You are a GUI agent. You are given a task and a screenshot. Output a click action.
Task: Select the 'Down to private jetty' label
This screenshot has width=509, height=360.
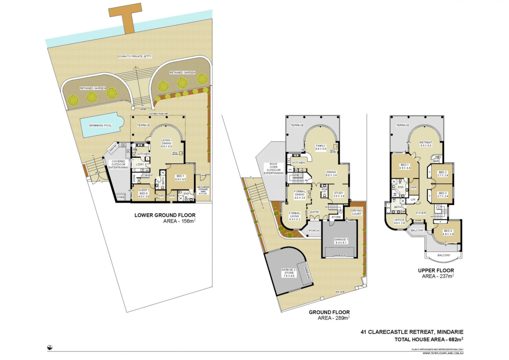coord(135,57)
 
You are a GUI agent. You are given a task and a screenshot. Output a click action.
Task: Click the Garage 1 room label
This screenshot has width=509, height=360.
coord(341,241)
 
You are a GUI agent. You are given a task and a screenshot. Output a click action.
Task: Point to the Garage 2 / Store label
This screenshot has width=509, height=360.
coord(289,273)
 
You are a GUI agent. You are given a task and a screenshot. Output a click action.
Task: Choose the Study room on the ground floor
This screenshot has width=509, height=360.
coord(339,194)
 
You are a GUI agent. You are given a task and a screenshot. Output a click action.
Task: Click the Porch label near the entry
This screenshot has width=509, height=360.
coord(314,231)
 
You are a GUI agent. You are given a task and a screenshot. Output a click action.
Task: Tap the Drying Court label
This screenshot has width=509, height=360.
coord(356,212)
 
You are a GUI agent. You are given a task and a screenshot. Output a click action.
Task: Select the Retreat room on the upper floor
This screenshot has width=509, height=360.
coord(426,144)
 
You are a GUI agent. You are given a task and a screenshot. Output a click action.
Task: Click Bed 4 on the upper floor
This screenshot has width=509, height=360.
coord(448,232)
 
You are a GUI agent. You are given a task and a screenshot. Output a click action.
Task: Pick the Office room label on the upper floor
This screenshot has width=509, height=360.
coord(399,221)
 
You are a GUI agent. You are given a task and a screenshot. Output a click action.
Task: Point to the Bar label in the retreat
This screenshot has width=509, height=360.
coord(436,161)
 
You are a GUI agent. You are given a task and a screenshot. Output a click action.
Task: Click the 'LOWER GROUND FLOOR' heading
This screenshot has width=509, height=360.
coord(165,215)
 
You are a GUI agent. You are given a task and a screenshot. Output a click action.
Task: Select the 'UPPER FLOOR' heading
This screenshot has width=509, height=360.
coord(436,270)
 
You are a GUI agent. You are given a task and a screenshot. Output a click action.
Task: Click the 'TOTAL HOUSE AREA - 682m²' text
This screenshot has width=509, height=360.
coord(429,339)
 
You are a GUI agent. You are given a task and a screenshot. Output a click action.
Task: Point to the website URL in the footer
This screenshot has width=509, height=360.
coord(443,353)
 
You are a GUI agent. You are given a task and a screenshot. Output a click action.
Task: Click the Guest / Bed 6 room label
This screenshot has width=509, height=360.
coord(143,193)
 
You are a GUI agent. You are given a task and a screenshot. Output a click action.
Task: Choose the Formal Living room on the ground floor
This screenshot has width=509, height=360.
coord(295,216)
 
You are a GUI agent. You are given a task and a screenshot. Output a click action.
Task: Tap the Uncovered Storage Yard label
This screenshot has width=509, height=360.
coord(203,190)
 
